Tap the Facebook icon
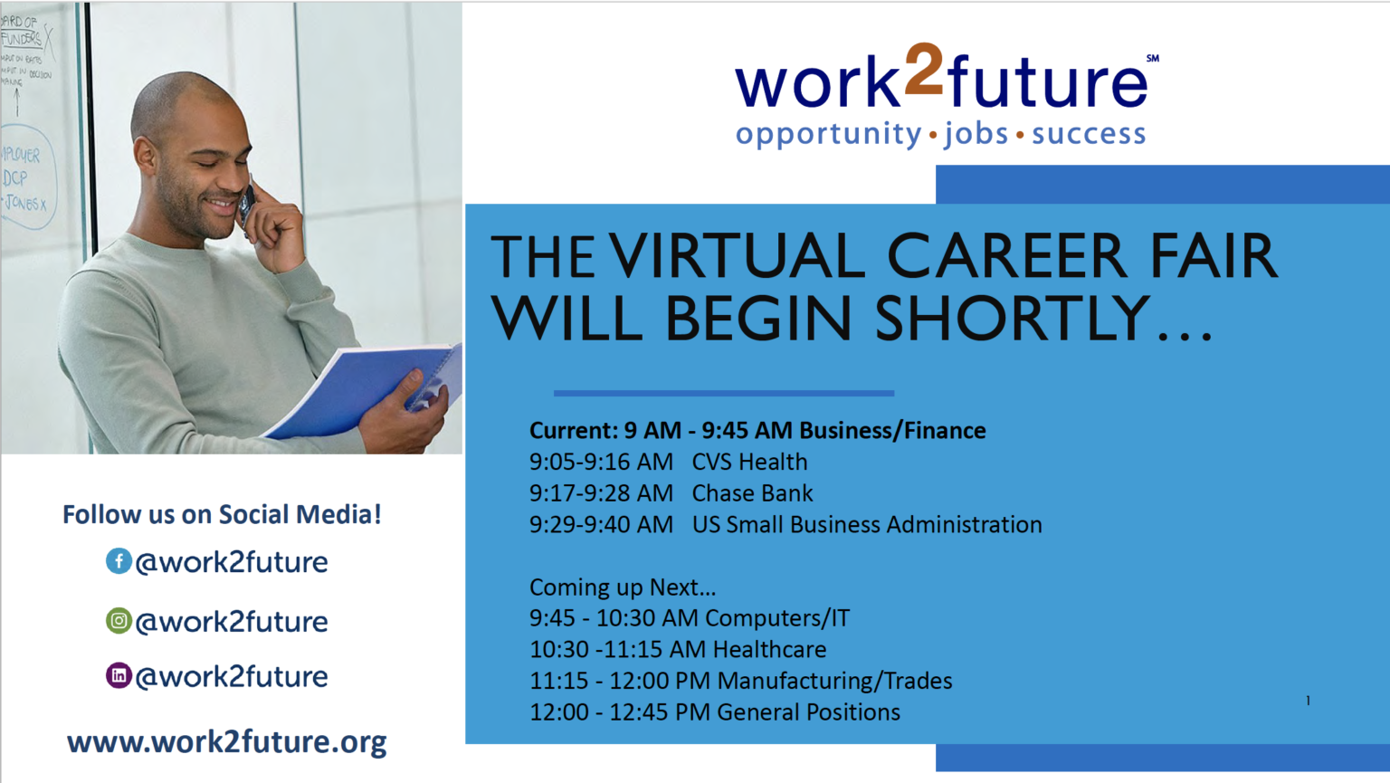119,561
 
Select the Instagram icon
119,621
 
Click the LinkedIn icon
119,675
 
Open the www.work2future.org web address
226,741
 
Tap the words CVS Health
749,462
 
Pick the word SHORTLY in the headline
1012,319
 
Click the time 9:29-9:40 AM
601,525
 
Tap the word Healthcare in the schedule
769,650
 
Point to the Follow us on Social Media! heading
222,514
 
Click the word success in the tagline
1089,134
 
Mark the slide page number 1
1308,700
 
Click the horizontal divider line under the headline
724,393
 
